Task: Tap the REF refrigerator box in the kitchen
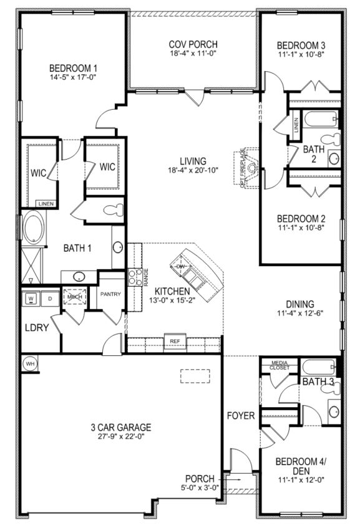174,342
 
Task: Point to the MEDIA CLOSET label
279,365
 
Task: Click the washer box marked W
30,299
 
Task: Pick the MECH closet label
75,297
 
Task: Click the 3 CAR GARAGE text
121,428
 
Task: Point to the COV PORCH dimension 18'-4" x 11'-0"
193,54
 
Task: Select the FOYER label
241,416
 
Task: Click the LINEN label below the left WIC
45,204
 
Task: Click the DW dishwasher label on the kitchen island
181,267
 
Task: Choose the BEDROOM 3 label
301,45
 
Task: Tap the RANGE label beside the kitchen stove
146,277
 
